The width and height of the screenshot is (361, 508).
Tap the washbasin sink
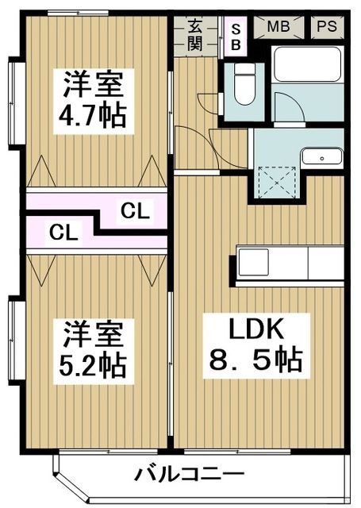(x=321, y=157)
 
